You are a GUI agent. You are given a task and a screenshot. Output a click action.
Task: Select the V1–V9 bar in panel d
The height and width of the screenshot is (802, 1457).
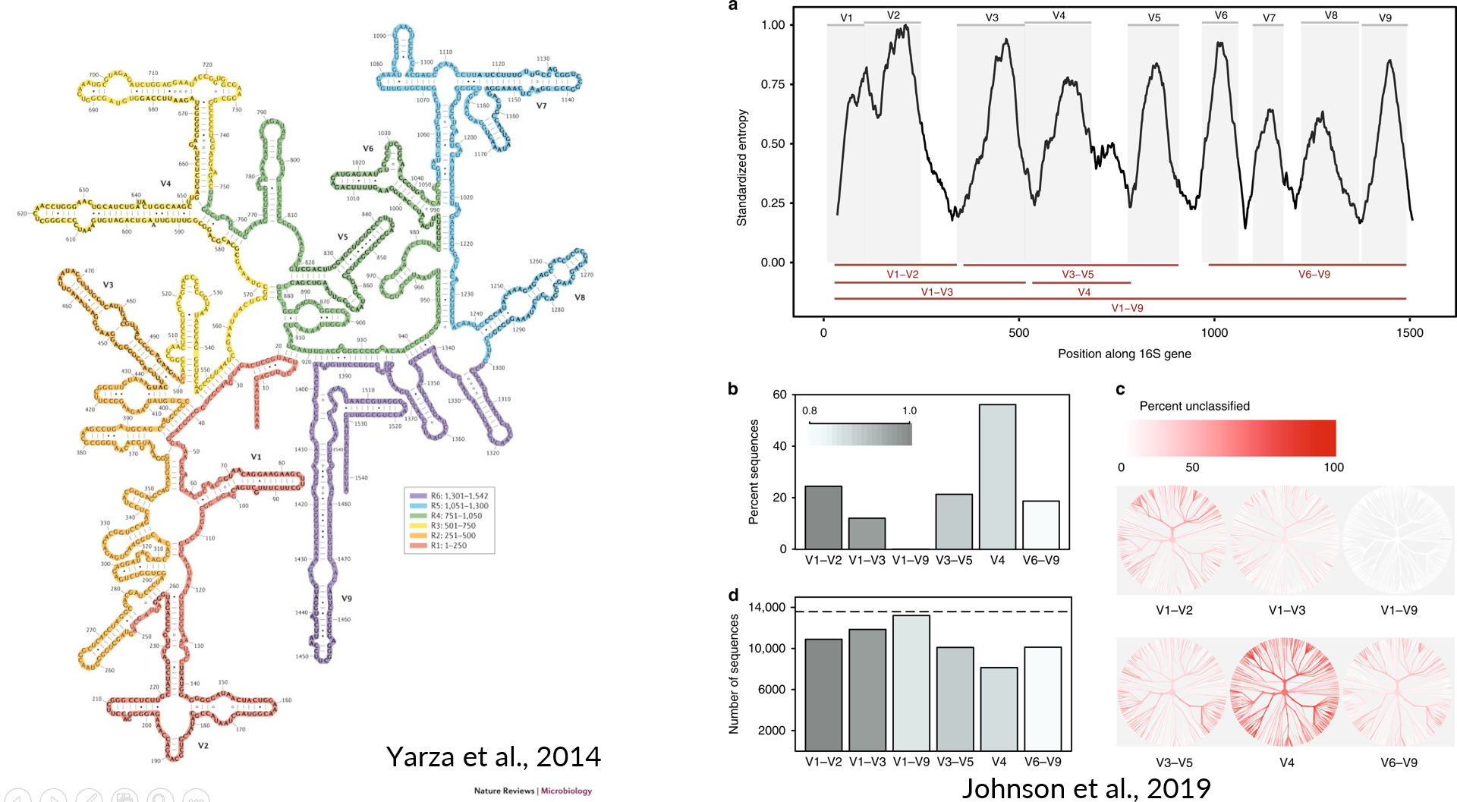coord(911,682)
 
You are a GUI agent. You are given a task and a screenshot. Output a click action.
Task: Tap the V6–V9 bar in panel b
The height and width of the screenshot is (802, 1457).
coord(1040,524)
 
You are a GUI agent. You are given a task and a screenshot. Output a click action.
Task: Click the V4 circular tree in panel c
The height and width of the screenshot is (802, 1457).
coord(1285,692)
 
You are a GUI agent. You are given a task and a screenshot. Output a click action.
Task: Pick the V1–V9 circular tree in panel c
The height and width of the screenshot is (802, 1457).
coord(1398,540)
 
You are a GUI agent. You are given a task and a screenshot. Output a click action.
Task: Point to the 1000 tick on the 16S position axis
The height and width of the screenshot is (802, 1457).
coord(1214,332)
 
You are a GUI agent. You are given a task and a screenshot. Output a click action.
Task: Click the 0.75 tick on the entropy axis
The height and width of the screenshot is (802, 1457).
coord(773,84)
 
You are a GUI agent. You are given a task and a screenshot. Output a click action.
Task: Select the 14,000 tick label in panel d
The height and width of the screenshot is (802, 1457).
coord(766,607)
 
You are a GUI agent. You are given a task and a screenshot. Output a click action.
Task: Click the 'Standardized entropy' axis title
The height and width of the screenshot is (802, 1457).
coord(742,168)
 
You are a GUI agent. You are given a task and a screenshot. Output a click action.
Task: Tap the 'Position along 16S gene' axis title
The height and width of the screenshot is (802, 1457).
coord(1124,354)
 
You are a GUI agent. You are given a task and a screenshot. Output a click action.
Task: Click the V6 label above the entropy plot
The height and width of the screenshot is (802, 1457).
coord(1220,15)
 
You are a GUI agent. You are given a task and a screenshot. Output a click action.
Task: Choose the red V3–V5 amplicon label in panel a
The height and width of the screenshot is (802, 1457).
coord(1078,274)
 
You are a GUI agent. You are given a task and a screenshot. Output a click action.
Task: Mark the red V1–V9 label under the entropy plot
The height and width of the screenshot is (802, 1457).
coord(1127,308)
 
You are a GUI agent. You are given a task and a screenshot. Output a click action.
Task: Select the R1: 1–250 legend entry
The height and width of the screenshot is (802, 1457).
coord(448,546)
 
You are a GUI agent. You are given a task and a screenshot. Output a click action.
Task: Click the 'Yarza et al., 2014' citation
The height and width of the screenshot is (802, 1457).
coord(493,756)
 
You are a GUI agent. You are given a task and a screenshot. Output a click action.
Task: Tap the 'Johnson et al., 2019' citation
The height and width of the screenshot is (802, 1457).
coord(1086,788)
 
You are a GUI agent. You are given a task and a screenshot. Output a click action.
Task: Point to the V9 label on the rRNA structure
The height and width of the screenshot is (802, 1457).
coord(347,599)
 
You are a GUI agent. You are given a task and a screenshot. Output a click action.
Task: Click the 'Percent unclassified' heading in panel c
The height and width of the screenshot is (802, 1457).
coord(1194,406)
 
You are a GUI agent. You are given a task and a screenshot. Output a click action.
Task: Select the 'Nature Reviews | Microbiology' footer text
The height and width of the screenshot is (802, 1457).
coord(533,791)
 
